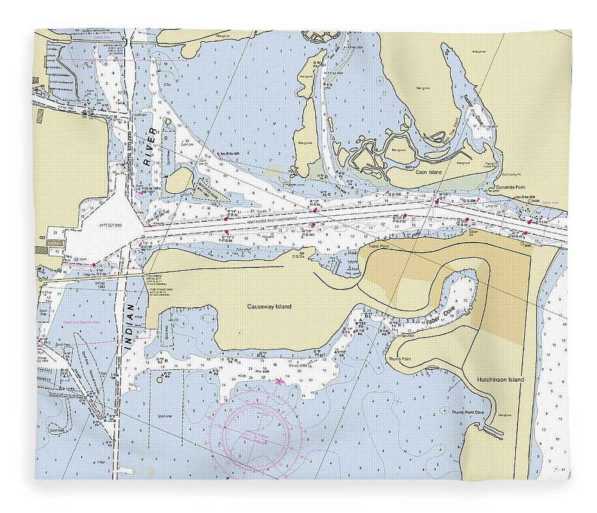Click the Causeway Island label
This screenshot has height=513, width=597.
(269, 307)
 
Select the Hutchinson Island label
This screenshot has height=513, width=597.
(500, 379)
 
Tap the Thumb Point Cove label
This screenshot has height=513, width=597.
(466, 412)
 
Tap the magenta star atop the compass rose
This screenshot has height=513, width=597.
(279, 380)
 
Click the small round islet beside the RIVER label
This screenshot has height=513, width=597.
(179, 180)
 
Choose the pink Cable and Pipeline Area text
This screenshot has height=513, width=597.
(78, 323)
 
